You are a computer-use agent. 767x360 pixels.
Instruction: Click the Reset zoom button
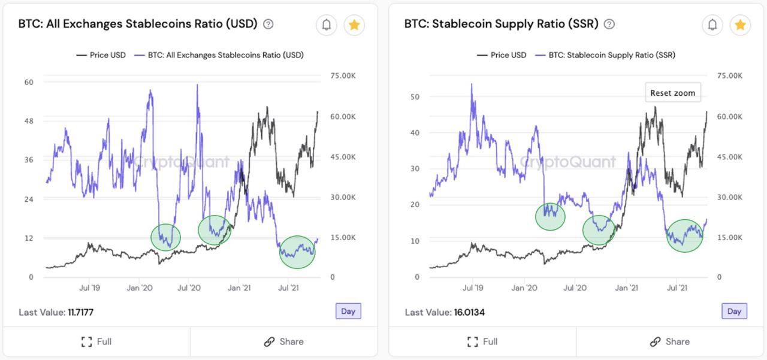point(672,93)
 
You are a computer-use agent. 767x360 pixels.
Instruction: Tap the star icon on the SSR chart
point(740,25)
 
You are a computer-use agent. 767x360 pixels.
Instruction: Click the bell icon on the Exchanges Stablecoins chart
point(327,25)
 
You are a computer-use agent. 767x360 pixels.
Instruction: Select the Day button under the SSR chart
point(734,311)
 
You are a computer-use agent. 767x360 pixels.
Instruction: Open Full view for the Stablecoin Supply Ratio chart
point(482,341)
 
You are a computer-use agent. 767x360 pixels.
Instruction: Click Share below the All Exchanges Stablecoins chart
point(283,341)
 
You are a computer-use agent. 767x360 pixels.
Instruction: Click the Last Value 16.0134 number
point(469,312)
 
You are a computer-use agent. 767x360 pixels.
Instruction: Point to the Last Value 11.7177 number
point(80,312)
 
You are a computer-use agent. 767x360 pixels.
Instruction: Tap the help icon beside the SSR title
point(609,24)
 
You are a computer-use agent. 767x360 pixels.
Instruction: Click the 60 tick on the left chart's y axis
point(29,82)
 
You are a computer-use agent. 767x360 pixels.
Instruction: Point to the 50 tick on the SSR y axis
point(415,96)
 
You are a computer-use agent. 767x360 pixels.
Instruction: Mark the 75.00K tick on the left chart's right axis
point(343,76)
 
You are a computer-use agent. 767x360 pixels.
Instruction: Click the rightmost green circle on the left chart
point(297,252)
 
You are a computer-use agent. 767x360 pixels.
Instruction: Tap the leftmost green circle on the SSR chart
point(550,216)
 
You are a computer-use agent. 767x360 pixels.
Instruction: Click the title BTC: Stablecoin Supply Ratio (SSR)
point(501,24)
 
